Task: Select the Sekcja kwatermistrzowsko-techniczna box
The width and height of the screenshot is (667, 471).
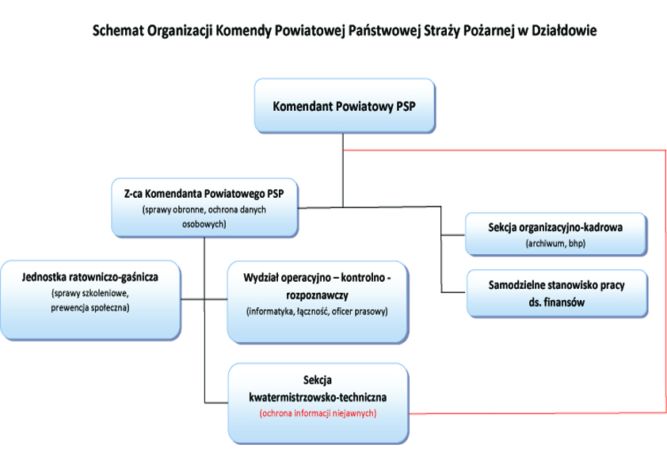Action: click(x=318, y=401)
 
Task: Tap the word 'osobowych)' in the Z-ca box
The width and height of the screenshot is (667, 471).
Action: click(x=204, y=224)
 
